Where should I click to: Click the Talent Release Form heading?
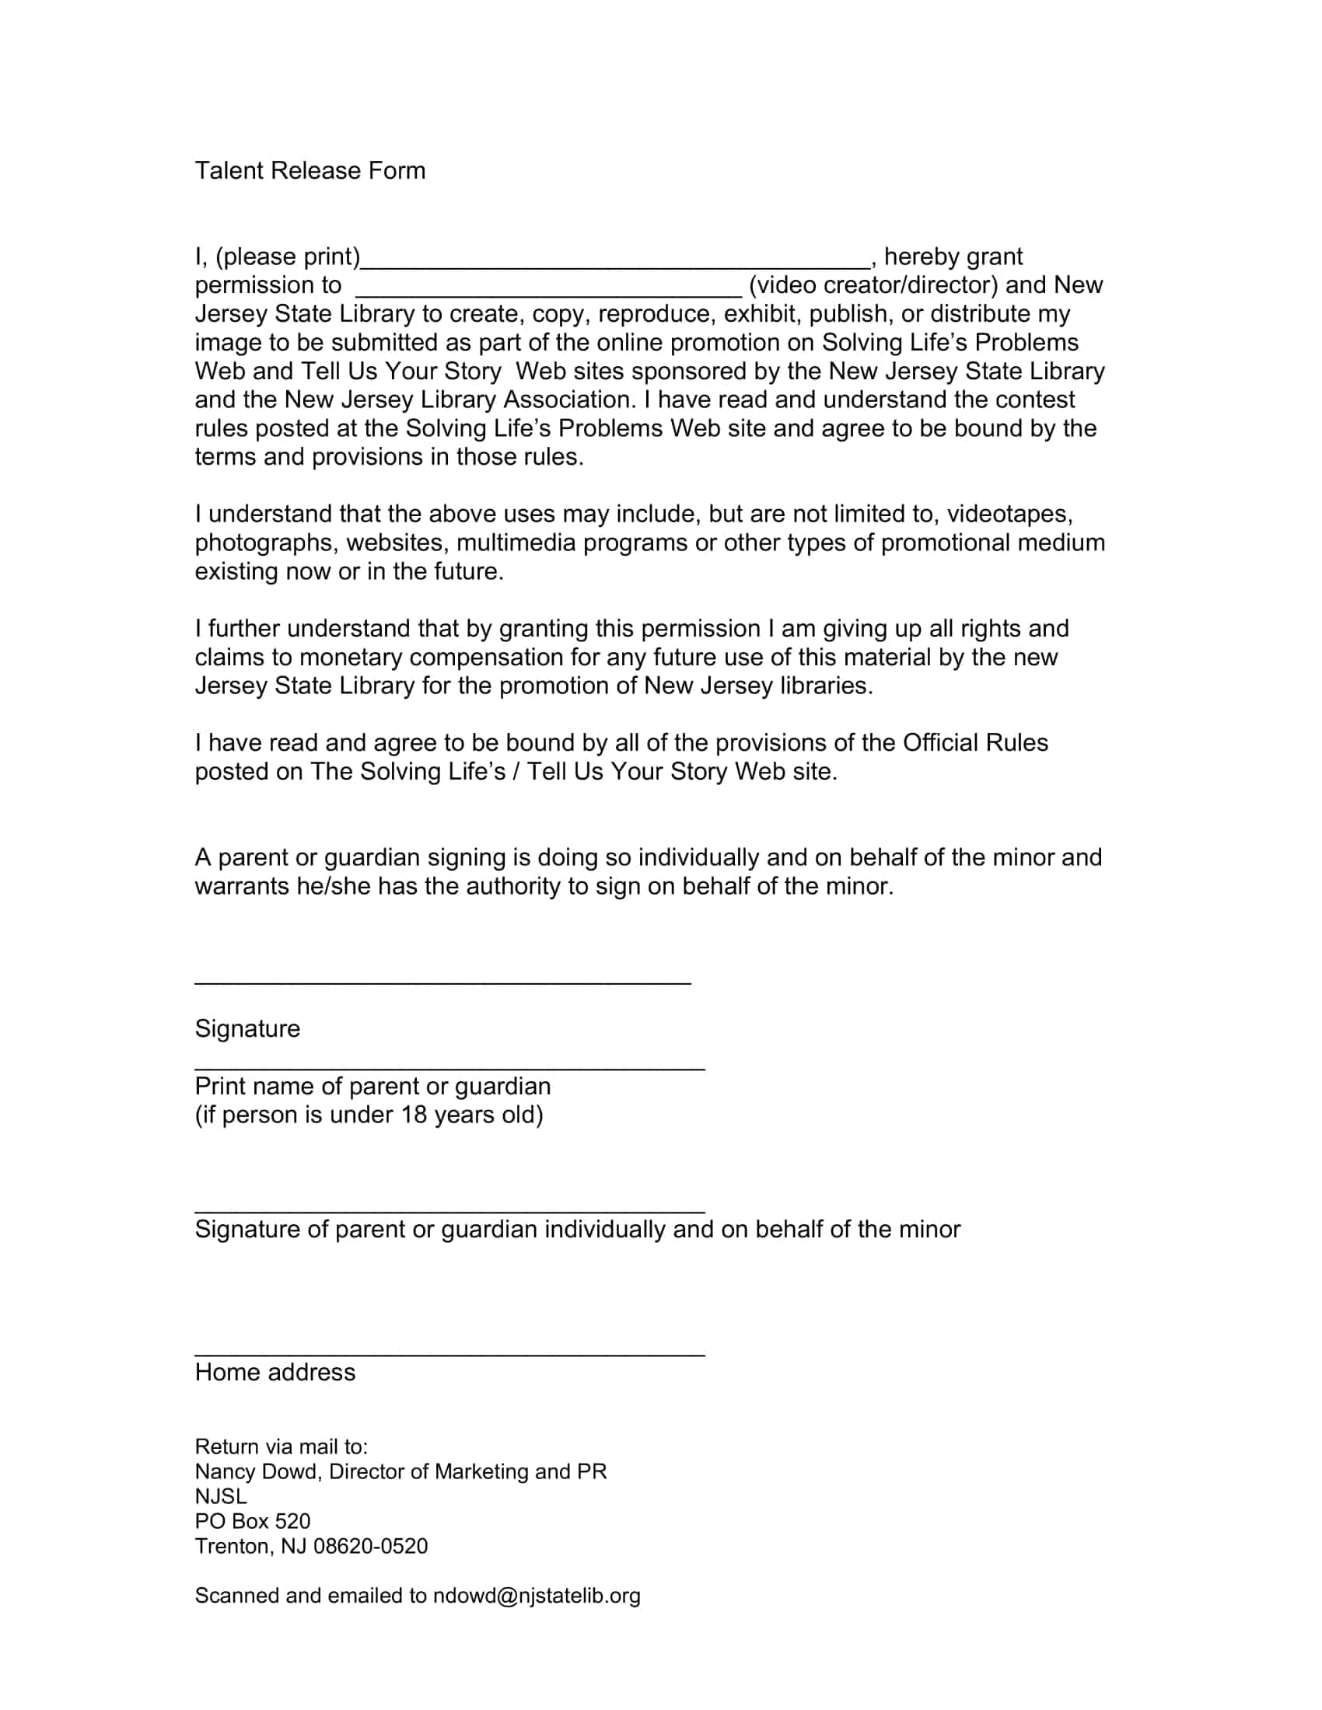coord(310,171)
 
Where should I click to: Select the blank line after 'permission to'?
coord(548,294)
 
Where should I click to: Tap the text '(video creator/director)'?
coord(873,285)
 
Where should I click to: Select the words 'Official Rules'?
coord(975,742)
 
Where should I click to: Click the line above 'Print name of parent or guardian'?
coord(449,1068)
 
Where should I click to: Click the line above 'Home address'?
coord(449,1354)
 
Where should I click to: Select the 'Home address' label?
coord(275,1372)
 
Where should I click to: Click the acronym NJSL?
coord(221,1496)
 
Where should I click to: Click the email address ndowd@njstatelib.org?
coord(537,1596)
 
